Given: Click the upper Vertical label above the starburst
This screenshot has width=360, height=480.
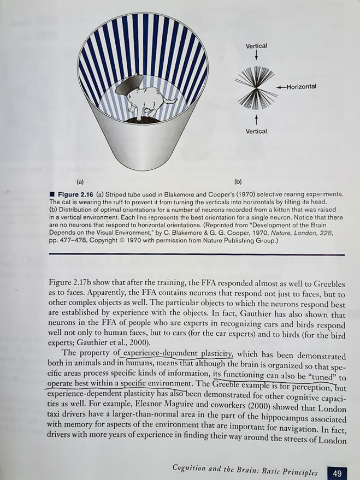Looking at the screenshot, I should (x=256, y=46).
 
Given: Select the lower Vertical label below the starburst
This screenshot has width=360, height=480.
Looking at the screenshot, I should (x=256, y=131).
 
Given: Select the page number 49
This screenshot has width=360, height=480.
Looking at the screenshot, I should (x=337, y=473).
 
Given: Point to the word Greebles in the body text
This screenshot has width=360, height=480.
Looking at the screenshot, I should (x=326, y=285).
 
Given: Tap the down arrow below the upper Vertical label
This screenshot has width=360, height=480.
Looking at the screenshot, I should (x=256, y=55).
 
